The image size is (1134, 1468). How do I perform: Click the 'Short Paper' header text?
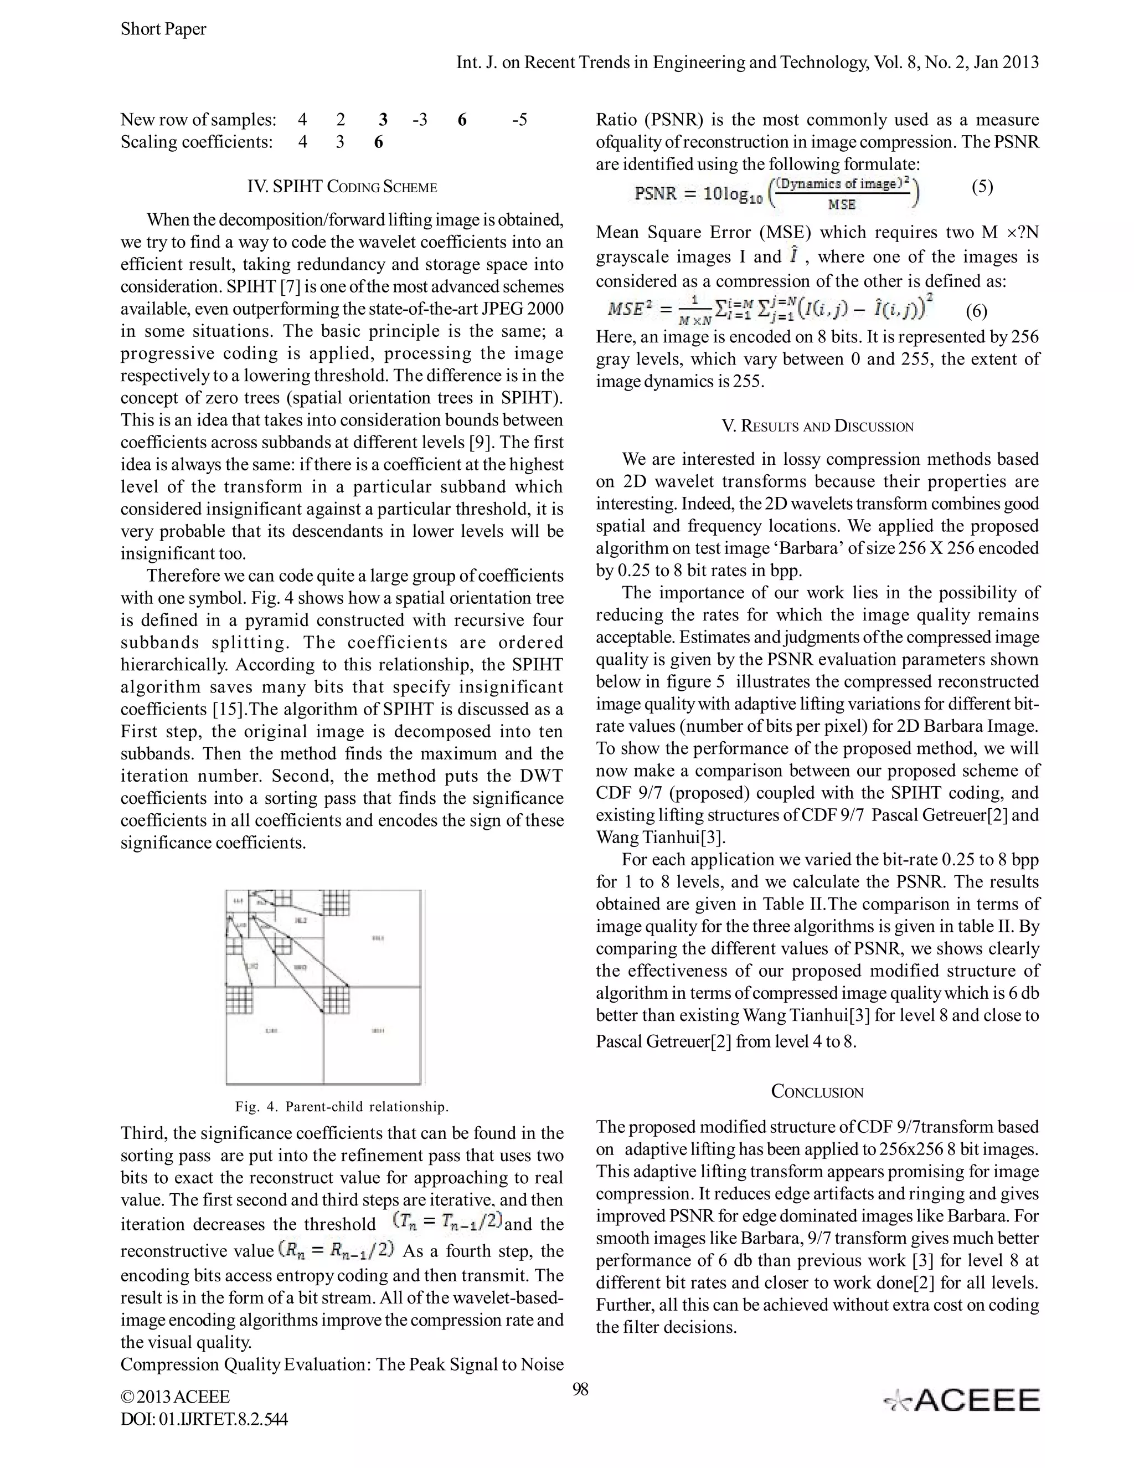click(x=163, y=29)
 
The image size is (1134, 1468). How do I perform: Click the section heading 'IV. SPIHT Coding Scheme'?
click(x=342, y=187)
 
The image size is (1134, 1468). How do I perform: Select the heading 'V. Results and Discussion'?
click(x=817, y=426)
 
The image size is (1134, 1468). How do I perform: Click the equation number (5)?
click(x=982, y=187)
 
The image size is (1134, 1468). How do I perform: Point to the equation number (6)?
click(x=976, y=311)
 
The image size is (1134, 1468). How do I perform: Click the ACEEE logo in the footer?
click(x=961, y=1399)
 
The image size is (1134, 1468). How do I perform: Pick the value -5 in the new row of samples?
click(x=519, y=120)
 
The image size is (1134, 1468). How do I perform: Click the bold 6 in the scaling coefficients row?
click(x=378, y=142)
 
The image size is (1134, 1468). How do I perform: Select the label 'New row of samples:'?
click(x=198, y=120)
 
